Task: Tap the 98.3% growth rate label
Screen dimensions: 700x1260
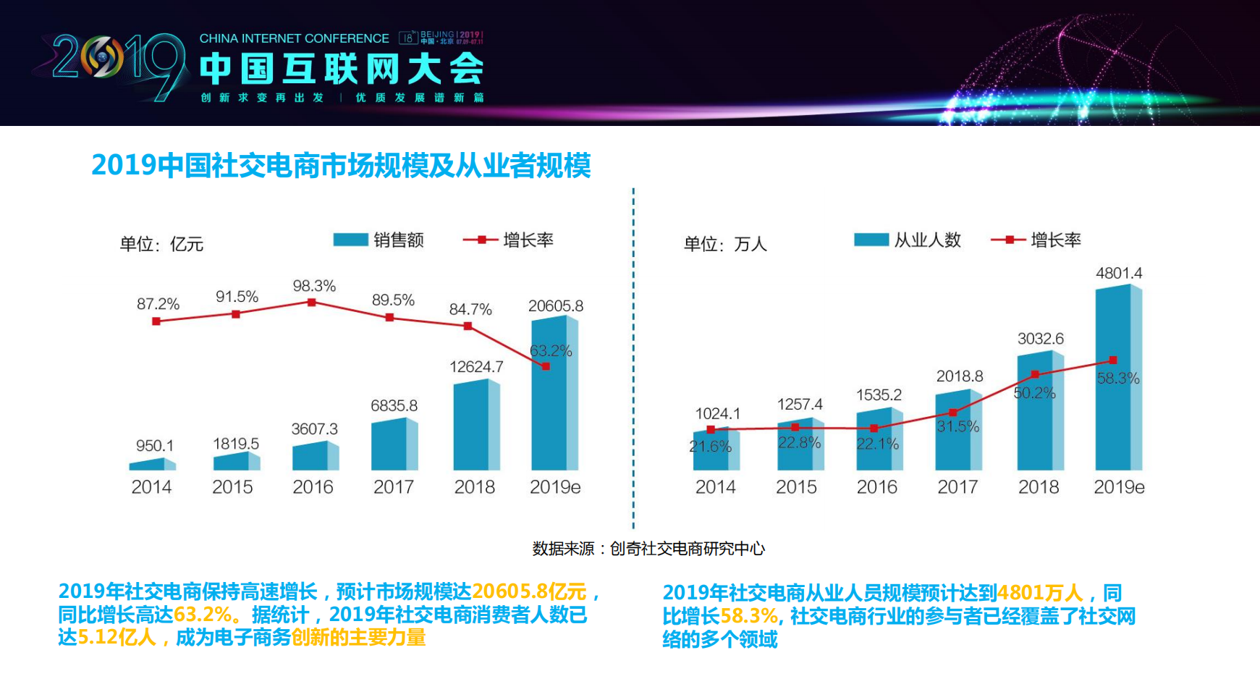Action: click(x=314, y=286)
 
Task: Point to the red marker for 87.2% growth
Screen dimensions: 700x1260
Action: click(x=156, y=321)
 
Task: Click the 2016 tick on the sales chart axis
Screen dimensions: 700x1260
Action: click(x=313, y=487)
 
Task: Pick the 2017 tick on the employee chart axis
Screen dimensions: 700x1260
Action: click(x=957, y=487)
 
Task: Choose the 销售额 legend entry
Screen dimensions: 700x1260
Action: click(x=379, y=240)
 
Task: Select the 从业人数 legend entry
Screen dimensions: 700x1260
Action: click(x=908, y=240)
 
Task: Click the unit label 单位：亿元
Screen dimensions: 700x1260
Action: click(x=161, y=245)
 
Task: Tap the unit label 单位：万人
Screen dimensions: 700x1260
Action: click(x=725, y=245)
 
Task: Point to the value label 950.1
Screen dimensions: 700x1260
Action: click(x=155, y=446)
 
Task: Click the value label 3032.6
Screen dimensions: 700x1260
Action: click(x=1040, y=339)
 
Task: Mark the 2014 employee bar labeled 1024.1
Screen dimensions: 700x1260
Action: click(x=715, y=450)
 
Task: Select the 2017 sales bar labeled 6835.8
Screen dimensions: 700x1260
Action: click(x=394, y=444)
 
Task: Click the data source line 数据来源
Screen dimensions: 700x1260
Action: click(x=648, y=549)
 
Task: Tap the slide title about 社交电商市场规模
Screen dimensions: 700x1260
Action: click(x=341, y=166)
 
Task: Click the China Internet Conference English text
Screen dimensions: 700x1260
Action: click(x=294, y=38)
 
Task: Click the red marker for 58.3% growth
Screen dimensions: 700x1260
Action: click(x=1113, y=360)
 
